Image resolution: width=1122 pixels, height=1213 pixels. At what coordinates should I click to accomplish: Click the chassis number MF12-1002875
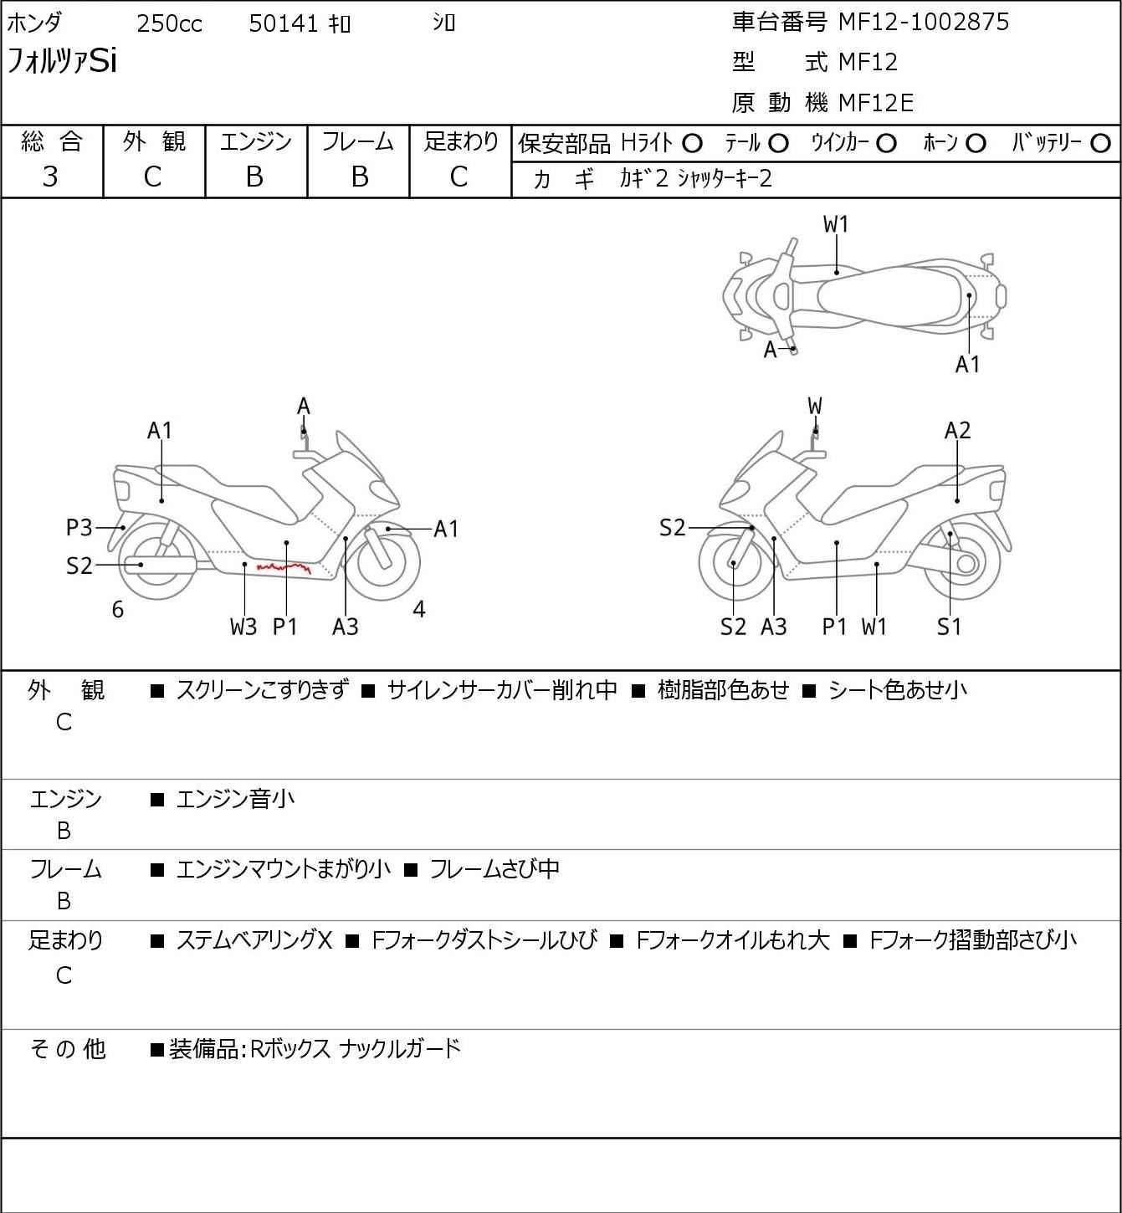[x=924, y=23]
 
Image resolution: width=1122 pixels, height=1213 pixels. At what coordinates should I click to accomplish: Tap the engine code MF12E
[x=875, y=103]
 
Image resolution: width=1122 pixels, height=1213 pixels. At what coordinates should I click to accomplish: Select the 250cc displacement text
[x=169, y=23]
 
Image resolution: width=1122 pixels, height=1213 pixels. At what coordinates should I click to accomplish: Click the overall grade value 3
[x=50, y=177]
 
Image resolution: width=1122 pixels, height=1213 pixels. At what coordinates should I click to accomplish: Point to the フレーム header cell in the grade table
[x=358, y=142]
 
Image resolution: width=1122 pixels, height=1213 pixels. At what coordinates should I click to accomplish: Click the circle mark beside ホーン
[x=976, y=144]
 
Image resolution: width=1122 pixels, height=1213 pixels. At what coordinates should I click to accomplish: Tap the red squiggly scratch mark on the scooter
[x=284, y=568]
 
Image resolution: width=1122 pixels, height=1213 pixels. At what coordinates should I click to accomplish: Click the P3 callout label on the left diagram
[x=79, y=528]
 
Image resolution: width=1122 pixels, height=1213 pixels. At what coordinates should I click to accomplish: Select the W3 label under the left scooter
[x=243, y=627]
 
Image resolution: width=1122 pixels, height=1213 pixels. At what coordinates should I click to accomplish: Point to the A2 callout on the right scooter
[x=957, y=430]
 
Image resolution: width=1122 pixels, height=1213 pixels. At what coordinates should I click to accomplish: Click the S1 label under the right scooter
[x=950, y=627]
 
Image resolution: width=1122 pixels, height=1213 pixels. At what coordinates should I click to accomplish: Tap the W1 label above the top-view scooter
[x=836, y=224]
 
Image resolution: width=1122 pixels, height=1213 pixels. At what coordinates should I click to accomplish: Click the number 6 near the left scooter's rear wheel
[x=118, y=610]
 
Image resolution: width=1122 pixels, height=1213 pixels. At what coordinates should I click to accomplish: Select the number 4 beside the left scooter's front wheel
[x=419, y=610]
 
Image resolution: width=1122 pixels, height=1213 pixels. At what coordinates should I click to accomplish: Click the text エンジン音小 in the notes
[x=235, y=800]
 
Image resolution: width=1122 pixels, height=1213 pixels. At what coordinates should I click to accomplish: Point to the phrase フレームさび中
[x=494, y=870]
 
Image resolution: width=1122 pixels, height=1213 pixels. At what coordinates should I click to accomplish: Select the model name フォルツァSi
[x=62, y=62]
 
